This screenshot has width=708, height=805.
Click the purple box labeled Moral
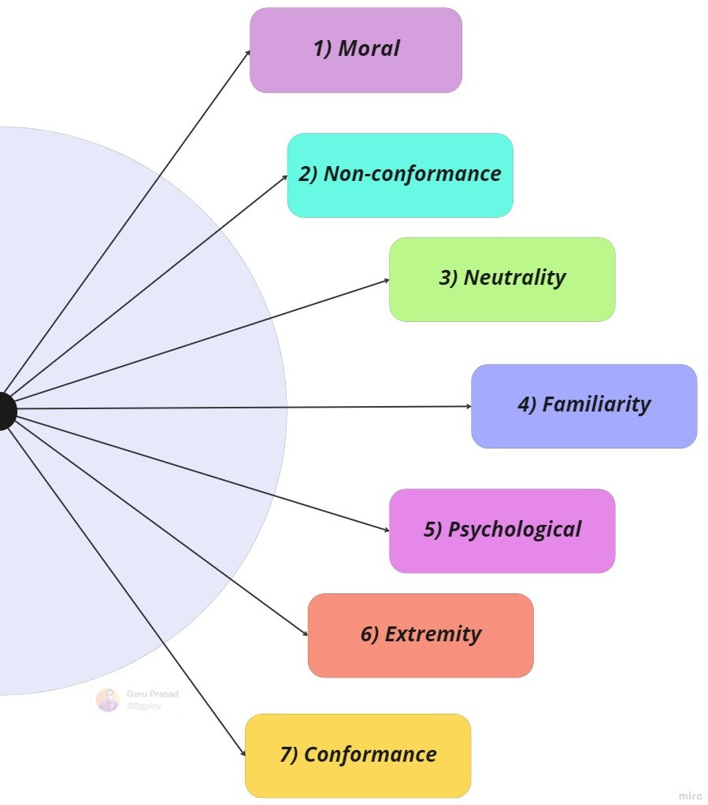point(355,50)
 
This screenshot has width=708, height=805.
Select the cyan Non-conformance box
point(400,175)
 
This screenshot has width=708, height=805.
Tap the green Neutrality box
point(502,279)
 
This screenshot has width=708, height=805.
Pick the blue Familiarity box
point(584,405)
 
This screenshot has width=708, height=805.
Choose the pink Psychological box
point(502,530)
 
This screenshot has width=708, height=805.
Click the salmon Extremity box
point(421,635)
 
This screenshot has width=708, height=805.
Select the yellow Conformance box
point(358,755)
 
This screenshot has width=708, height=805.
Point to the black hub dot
point(3,411)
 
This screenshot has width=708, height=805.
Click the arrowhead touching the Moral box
point(248,53)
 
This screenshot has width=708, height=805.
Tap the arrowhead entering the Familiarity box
point(468,406)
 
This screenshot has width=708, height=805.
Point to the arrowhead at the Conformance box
point(243,754)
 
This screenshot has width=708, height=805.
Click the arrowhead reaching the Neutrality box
point(386,279)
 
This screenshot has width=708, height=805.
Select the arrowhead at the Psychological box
point(386,531)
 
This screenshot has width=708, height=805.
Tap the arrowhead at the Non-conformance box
point(284,177)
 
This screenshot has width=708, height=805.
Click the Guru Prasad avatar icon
point(107,700)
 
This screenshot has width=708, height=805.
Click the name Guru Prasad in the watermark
point(152,694)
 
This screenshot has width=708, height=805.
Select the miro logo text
point(690,796)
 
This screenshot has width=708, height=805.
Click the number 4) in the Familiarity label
point(527,405)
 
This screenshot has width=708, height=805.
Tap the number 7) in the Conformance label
point(289,755)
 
